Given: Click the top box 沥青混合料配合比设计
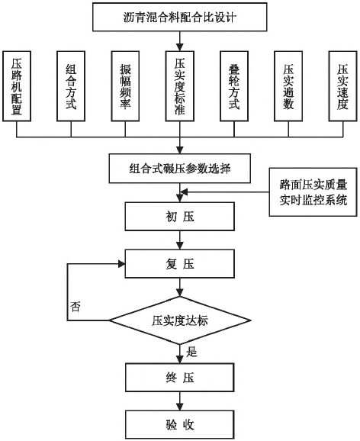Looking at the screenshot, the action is point(180,17).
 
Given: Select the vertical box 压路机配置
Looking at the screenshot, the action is point(17,86).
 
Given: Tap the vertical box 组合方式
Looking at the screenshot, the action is point(71,86).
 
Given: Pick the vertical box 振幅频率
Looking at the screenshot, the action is point(125,86).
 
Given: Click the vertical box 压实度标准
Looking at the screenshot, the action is point(180,86).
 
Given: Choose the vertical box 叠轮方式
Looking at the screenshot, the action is point(234,86).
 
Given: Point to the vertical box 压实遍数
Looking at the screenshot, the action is point(288,86).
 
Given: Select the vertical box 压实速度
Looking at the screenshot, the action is point(343,86).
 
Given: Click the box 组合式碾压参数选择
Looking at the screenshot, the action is point(180,169).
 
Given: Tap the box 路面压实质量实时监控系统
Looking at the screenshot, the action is point(313,192).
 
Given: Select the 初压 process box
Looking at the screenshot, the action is point(180,217).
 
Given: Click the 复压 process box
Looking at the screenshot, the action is point(180,264).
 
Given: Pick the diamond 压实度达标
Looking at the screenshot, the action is point(180,320).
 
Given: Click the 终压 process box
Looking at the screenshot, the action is point(180,377).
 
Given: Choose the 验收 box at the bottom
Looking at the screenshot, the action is point(180,424).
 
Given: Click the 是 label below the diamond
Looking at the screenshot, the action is point(191,352).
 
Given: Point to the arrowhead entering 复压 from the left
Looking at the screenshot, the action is point(121,264).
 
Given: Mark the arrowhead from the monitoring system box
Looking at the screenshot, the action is point(184,192).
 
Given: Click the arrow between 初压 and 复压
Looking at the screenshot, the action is point(180,240).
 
